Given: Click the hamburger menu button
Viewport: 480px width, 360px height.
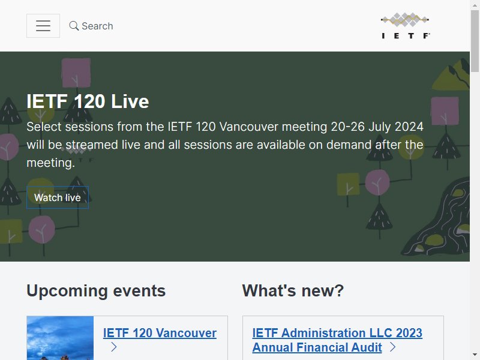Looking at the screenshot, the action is (43, 26).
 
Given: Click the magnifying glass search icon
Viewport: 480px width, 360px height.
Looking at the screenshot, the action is (74, 26).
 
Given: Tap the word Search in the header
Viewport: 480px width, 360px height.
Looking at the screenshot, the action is (97, 26).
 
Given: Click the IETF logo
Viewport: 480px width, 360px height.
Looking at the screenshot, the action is (406, 26).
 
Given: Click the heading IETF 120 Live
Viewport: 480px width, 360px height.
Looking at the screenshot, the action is (88, 101).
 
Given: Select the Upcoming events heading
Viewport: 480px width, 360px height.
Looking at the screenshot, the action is (96, 290).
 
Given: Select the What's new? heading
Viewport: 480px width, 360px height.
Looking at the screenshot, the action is (293, 290).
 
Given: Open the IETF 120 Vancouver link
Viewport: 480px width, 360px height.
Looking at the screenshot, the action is (160, 333).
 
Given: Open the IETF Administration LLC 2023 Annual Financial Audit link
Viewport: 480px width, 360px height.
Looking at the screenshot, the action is (337, 340).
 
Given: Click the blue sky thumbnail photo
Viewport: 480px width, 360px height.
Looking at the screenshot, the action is (60, 338).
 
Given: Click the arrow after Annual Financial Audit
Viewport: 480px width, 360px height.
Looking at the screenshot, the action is (393, 347).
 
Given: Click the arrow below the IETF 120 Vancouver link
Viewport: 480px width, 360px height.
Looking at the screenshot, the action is (113, 347).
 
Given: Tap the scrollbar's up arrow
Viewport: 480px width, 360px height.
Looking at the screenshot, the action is (475, 4).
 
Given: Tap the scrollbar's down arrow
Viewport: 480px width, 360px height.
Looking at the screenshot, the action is (475, 355).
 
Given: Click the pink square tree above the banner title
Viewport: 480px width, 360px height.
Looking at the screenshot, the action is (76, 73).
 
